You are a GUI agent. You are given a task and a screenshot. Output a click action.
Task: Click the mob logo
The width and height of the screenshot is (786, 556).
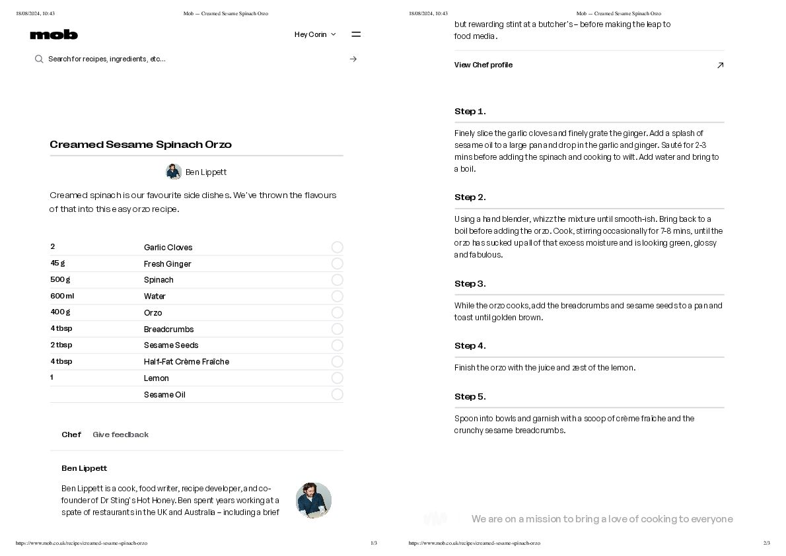[x=54, y=34]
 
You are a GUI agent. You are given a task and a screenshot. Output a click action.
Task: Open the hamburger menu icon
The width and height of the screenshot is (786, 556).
[x=356, y=34]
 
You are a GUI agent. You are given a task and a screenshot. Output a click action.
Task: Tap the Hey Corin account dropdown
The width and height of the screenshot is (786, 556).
[x=315, y=34]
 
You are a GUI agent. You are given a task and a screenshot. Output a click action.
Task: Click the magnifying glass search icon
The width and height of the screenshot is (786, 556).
[x=39, y=59]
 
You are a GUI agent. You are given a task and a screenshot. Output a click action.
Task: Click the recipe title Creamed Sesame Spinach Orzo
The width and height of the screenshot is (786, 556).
[x=141, y=145]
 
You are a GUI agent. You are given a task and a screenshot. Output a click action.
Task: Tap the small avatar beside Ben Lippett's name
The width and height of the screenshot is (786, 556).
[x=174, y=172]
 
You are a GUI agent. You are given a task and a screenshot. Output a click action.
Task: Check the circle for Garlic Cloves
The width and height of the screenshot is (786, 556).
[x=337, y=247]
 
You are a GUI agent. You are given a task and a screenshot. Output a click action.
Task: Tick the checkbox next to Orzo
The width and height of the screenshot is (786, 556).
[x=337, y=312]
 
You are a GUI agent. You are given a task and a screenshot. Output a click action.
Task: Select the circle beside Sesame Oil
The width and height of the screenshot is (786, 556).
[x=337, y=394]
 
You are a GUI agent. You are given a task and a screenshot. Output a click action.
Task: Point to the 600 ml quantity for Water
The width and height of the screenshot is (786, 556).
[x=62, y=296]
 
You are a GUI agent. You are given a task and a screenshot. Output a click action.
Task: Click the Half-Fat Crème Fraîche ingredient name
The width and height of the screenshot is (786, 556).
[x=186, y=362]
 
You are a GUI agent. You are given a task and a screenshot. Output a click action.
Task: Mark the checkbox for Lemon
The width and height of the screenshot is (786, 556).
[x=337, y=378]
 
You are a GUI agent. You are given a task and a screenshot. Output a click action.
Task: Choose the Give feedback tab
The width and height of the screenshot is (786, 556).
[x=120, y=434]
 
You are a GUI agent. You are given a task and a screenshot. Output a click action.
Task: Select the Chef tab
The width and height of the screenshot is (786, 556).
[x=71, y=434]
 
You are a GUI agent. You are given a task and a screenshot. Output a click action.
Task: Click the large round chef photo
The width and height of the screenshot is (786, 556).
[x=314, y=500]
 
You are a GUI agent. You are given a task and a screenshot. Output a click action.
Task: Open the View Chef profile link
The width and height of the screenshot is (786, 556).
[x=483, y=65]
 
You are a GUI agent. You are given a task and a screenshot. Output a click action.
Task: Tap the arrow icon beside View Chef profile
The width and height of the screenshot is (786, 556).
[x=720, y=65]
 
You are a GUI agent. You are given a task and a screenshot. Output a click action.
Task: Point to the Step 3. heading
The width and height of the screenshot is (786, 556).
[x=470, y=284]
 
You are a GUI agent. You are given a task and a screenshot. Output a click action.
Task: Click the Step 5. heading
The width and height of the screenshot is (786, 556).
[x=470, y=397]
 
